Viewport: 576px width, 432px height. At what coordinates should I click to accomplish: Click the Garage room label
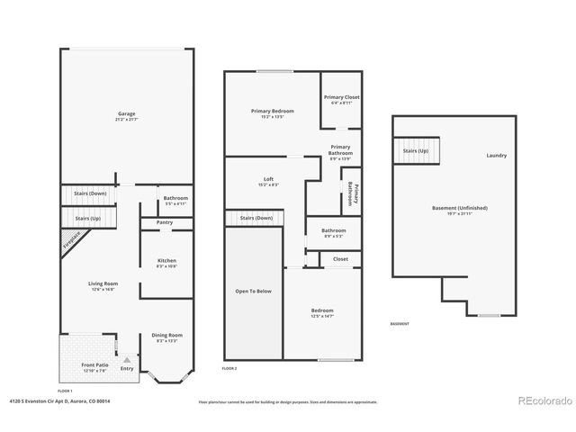[127, 114]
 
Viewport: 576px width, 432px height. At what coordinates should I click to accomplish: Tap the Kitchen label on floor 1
[166, 259]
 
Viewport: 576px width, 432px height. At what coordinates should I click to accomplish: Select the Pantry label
[165, 222]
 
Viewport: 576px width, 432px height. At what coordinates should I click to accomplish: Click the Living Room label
[103, 283]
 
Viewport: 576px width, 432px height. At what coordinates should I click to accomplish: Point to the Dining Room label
[166, 335]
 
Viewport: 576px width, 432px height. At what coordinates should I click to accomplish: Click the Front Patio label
[94, 340]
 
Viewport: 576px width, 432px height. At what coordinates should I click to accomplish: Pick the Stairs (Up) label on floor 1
[87, 218]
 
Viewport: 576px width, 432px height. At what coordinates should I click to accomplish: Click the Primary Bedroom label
[272, 110]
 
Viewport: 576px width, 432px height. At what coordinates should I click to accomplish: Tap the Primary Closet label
[341, 96]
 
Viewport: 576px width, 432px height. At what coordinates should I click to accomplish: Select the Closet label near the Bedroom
[340, 259]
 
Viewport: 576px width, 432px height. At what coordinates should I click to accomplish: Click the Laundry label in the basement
[497, 156]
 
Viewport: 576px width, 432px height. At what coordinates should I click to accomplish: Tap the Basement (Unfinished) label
[459, 208]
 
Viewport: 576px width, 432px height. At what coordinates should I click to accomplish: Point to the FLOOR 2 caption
[229, 369]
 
